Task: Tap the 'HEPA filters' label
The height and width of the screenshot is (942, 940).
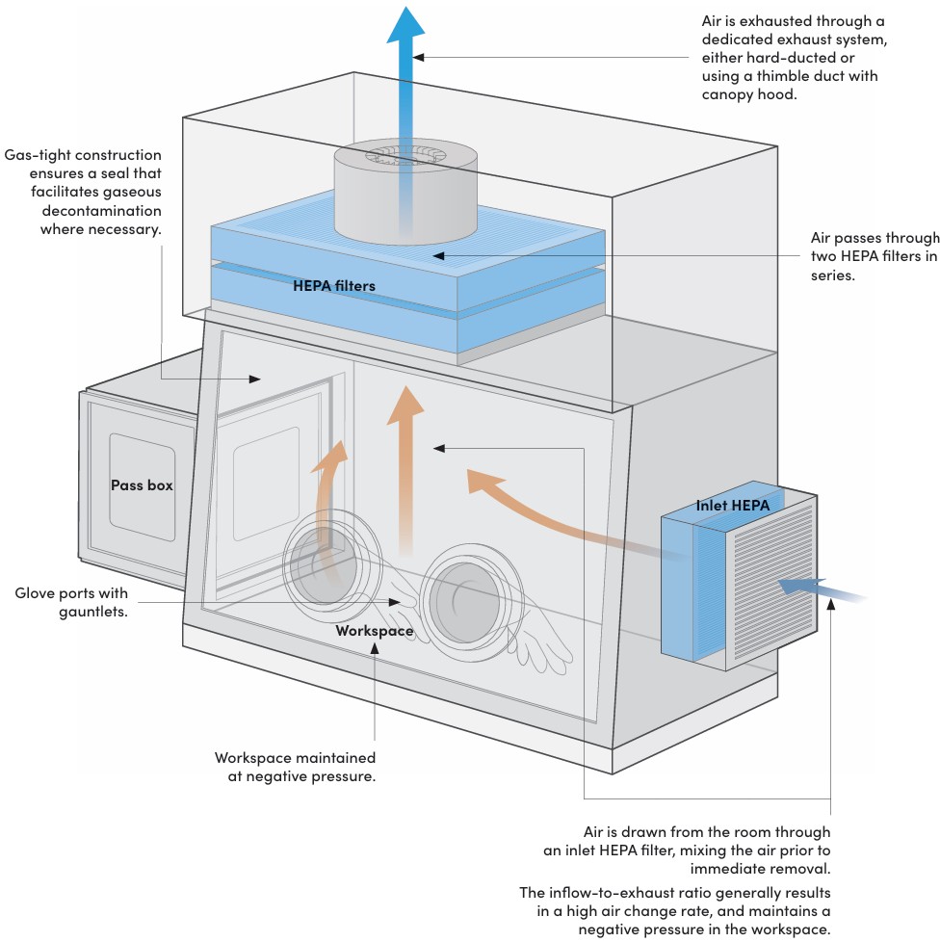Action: pos(334,285)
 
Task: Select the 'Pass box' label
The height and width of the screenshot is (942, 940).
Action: pos(142,484)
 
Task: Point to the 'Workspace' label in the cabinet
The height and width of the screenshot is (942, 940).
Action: pos(374,631)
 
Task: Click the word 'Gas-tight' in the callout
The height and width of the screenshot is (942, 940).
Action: pos(39,154)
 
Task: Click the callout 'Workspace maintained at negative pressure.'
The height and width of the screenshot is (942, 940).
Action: pos(295,767)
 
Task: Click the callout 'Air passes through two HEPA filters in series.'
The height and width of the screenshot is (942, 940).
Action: pos(874,255)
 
